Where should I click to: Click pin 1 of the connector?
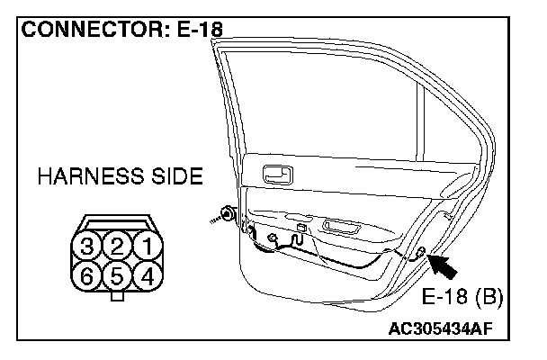point(145,244)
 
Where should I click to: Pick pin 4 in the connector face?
point(145,274)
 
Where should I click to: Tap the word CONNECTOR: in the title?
point(89,29)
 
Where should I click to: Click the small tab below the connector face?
point(117,294)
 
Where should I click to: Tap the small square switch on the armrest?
point(300,228)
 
